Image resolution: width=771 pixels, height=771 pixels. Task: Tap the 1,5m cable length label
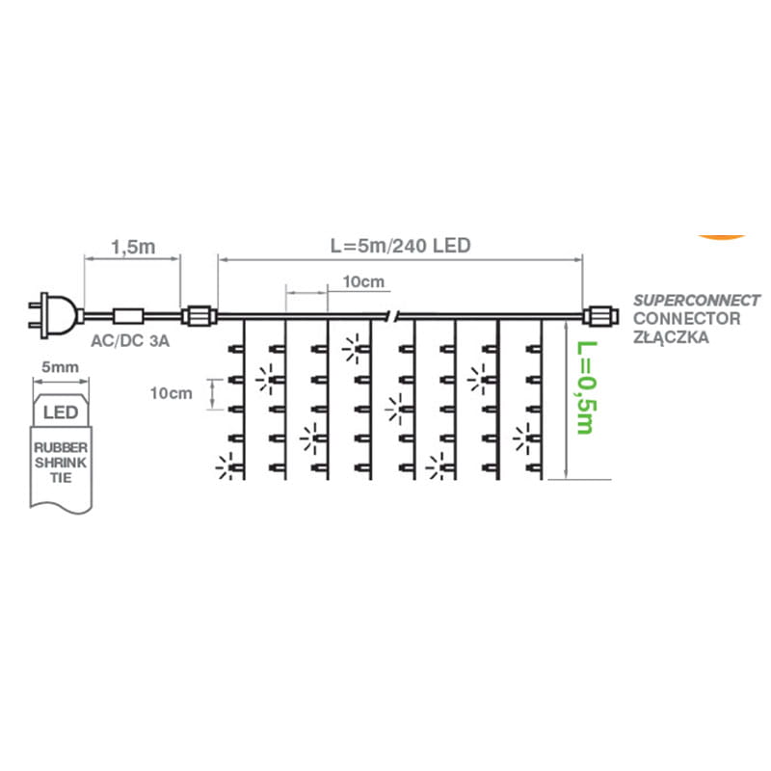(133, 247)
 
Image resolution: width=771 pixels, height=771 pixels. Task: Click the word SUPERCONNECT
(696, 301)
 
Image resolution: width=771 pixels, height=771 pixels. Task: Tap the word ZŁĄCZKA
(666, 338)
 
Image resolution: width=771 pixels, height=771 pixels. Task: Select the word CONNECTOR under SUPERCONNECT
(685, 319)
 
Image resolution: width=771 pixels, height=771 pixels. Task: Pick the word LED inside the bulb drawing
(62, 412)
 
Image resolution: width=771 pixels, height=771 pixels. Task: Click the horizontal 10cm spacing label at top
(363, 281)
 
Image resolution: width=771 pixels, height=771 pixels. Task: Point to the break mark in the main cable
(391, 315)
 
